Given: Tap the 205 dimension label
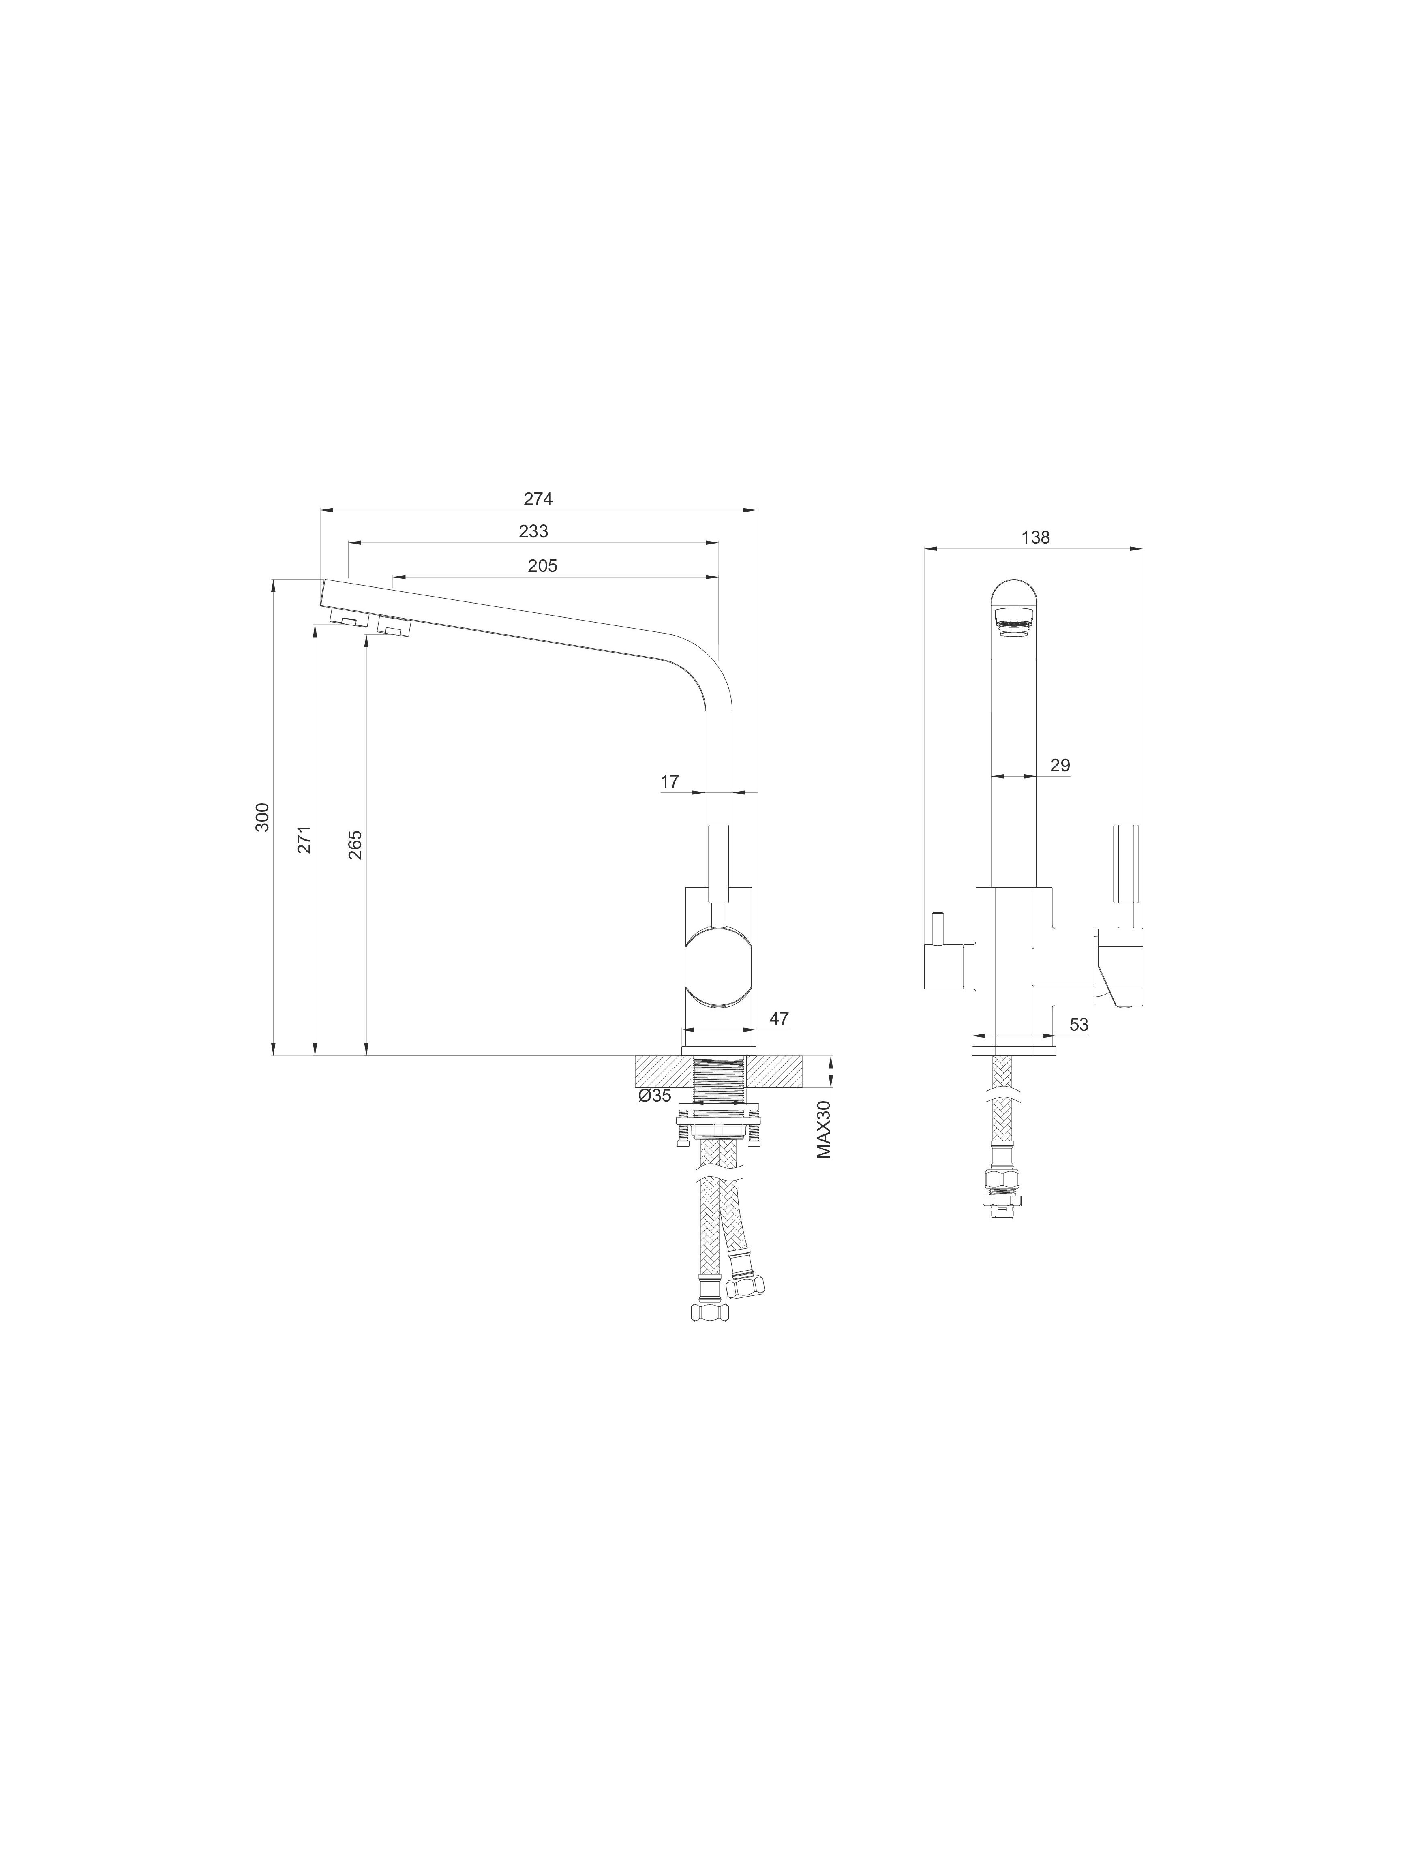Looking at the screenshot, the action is [x=542, y=566].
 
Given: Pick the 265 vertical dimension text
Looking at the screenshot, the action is [x=355, y=845].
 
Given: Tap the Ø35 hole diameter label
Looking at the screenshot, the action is [x=655, y=1096].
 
